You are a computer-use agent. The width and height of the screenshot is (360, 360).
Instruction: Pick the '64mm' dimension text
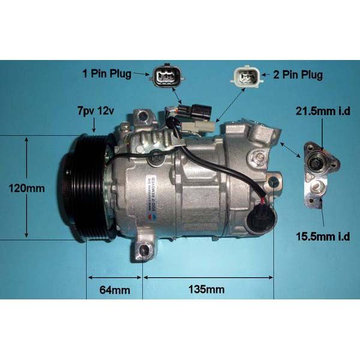click(x=114, y=290)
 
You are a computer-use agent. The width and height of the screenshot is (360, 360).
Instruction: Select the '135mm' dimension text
click(x=207, y=290)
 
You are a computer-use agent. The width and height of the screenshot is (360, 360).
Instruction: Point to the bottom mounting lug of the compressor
click(x=143, y=251)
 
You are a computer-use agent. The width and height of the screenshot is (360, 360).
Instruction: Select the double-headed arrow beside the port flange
click(x=292, y=150)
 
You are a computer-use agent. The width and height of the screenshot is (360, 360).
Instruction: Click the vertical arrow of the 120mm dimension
click(x=26, y=187)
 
